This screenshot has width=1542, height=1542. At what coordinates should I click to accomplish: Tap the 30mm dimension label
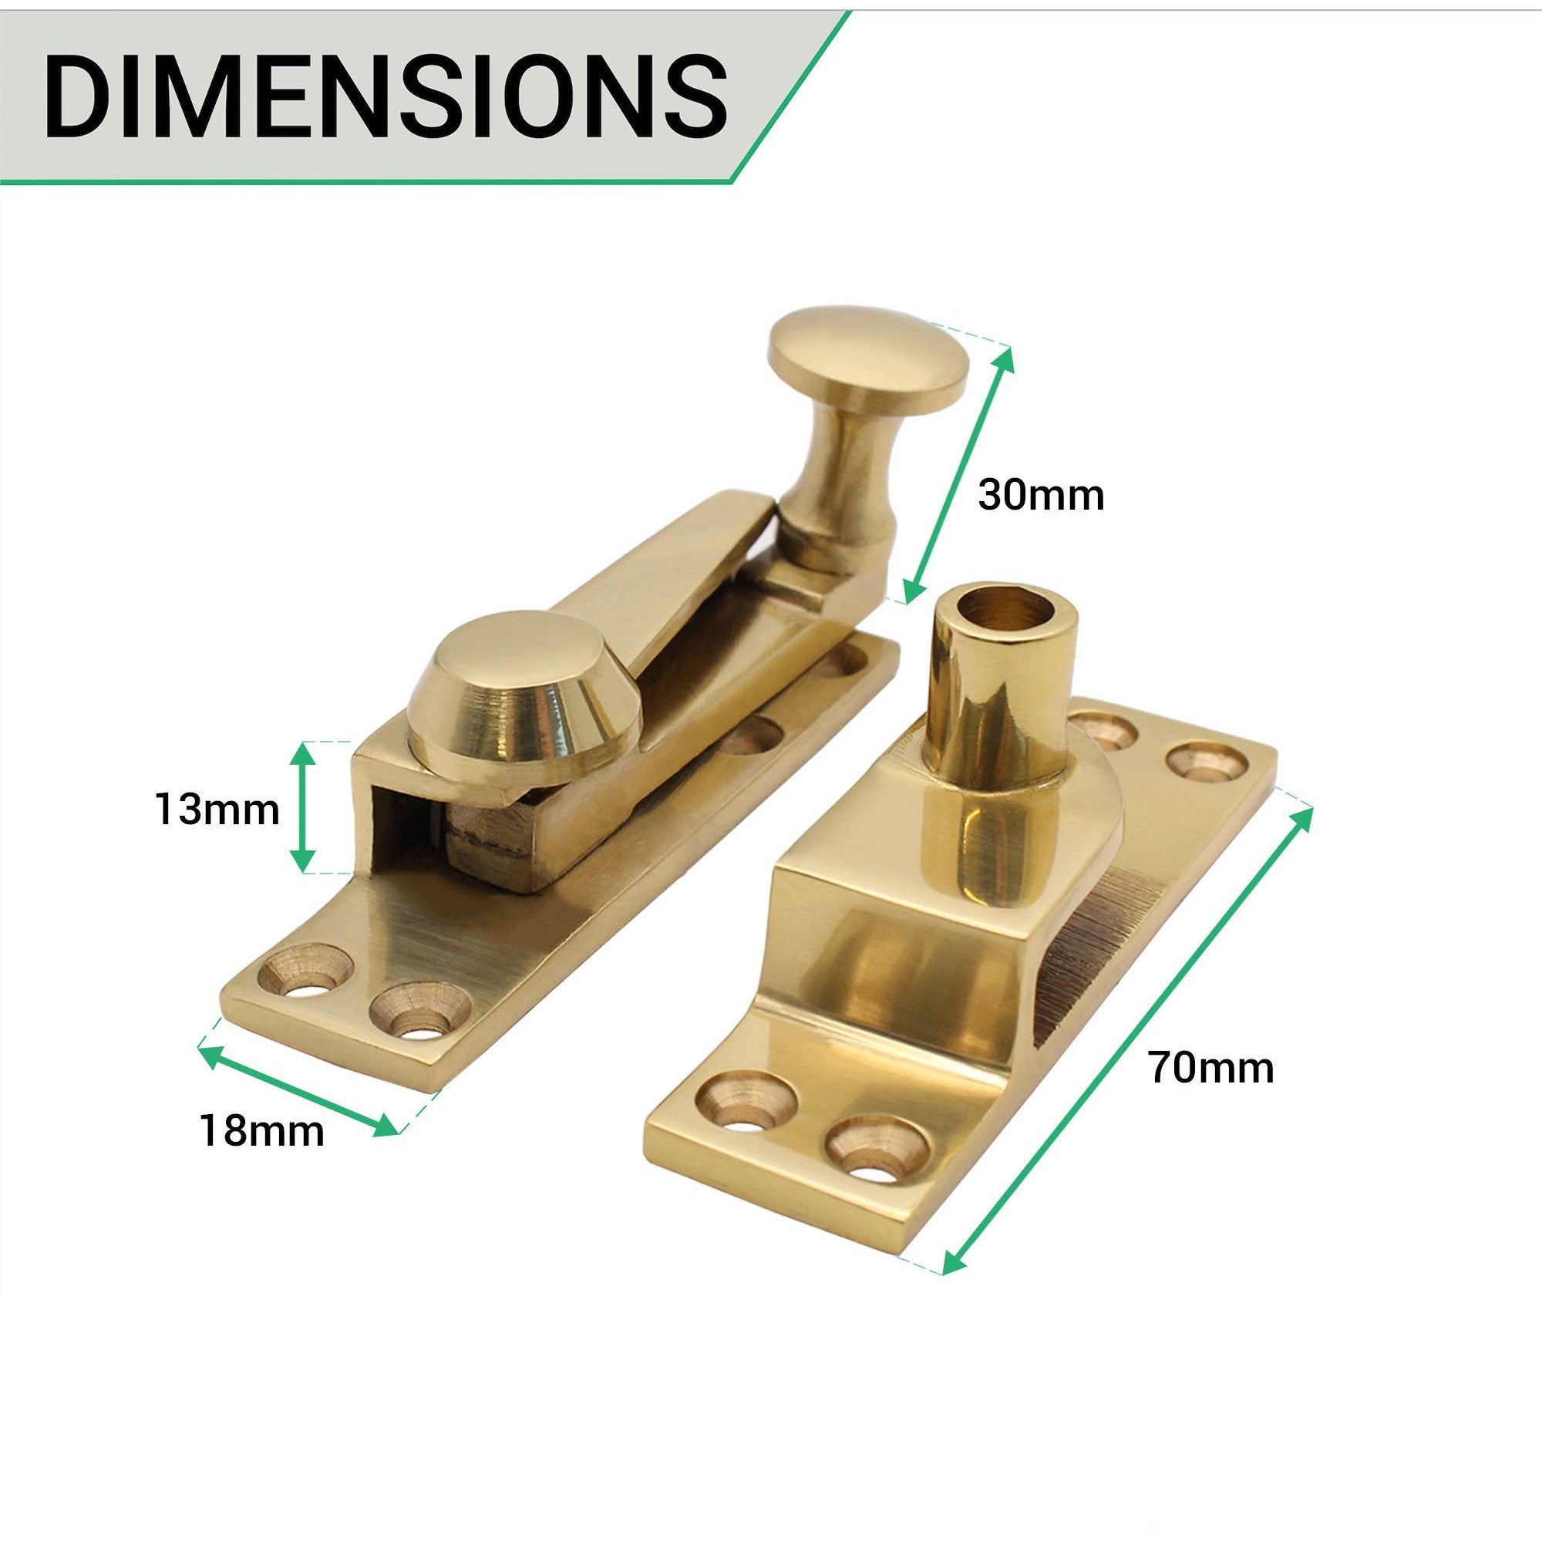(x=1040, y=496)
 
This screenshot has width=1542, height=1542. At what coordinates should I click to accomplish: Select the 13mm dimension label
(x=217, y=810)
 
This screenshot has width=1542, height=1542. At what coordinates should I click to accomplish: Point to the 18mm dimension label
(x=262, y=1131)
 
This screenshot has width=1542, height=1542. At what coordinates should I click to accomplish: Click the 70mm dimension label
(x=1210, y=1068)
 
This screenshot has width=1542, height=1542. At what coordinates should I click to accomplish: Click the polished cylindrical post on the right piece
(x=998, y=719)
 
